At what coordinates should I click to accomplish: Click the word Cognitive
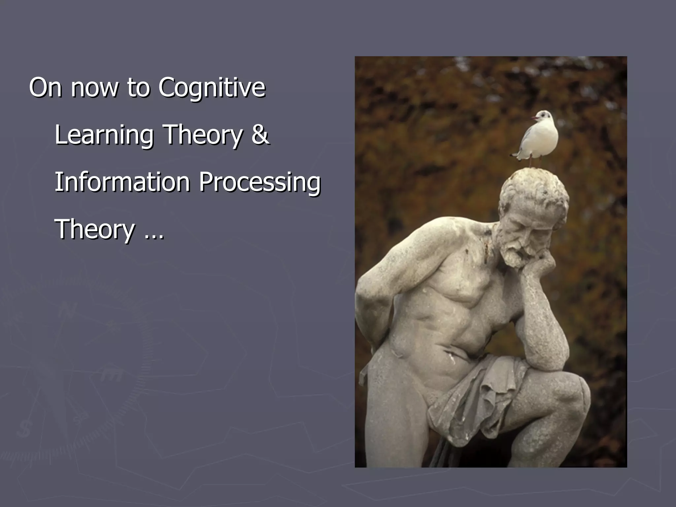point(212,88)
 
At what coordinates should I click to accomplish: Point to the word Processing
point(259,182)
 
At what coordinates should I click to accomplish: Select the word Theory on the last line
point(95,230)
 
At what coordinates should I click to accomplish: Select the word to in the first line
point(138,88)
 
